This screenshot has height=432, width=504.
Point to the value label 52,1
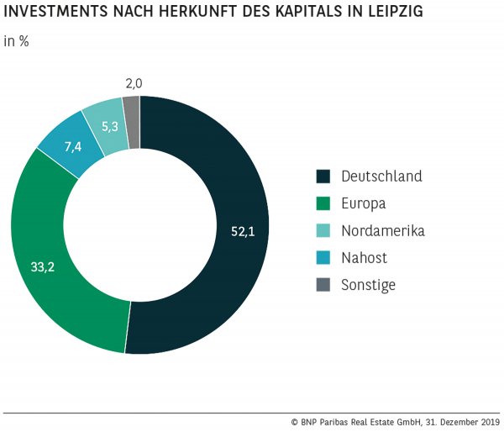click(243, 231)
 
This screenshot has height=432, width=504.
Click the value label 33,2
click(43, 267)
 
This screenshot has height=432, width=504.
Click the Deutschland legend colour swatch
click(323, 176)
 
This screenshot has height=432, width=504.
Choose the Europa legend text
click(364, 203)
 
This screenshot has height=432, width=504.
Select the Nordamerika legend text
click(383, 230)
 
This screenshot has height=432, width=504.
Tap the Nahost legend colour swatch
click(323, 257)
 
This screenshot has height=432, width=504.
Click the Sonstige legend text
click(368, 285)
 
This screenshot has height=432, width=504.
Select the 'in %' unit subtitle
click(16, 41)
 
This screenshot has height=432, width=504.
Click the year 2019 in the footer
click(487, 422)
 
